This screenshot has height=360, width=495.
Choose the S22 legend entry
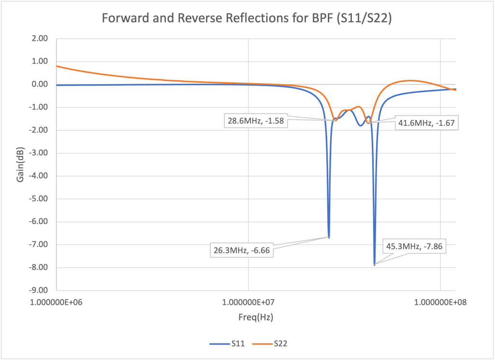coord(280,344)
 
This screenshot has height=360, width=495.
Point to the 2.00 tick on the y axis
coord(41,39)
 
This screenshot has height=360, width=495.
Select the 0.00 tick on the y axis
coord(41,85)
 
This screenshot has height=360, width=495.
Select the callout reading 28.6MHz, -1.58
coord(256,120)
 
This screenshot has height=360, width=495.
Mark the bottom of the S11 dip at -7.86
coord(375,265)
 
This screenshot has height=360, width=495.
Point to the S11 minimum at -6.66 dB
coord(329,237)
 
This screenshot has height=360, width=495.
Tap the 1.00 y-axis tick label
coord(41,61)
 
